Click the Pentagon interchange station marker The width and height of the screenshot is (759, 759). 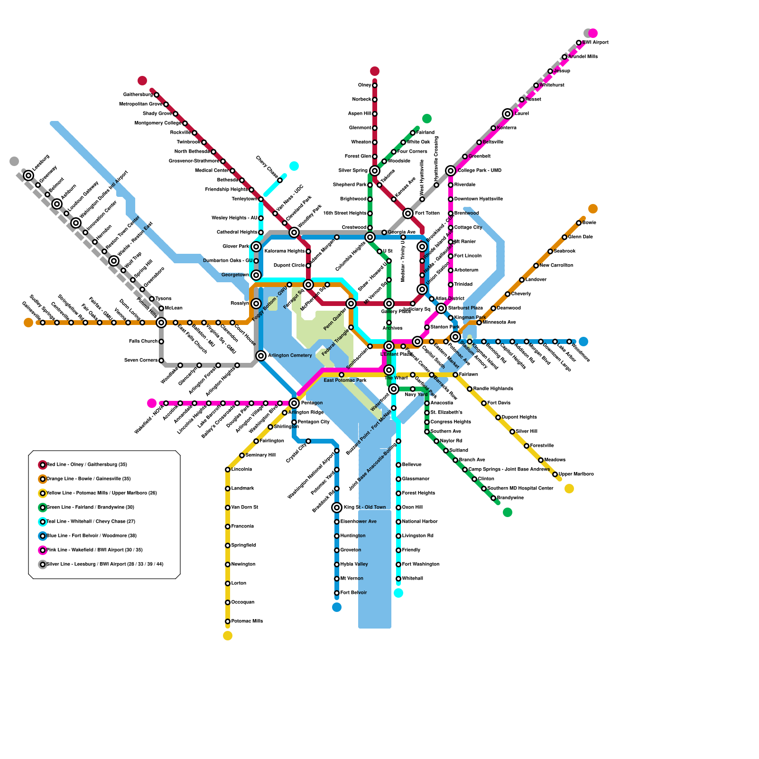[294, 403]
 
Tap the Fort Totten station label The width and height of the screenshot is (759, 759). [427, 213]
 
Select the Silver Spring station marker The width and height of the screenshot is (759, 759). [375, 171]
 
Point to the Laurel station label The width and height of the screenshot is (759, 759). [521, 114]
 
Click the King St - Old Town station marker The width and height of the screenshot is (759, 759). [337, 508]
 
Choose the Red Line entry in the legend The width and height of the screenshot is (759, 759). [86, 465]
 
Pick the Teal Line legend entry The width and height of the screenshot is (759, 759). [90, 522]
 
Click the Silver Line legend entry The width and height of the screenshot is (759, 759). [104, 565]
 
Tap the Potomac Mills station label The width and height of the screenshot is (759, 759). [247, 621]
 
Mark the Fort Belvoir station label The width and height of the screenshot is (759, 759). [353, 593]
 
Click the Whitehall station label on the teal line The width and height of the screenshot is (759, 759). [412, 579]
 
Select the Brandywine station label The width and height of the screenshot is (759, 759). [510, 498]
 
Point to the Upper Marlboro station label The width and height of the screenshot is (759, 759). [576, 474]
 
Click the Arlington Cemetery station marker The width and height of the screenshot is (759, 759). [261, 356]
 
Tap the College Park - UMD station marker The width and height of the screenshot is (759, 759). [451, 171]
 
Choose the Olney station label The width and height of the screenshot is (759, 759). [364, 85]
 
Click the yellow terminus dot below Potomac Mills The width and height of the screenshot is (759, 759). [228, 636]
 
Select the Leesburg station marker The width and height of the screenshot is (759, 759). [28, 176]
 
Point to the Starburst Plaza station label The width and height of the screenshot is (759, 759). [465, 308]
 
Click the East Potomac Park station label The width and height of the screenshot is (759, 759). [345, 380]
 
